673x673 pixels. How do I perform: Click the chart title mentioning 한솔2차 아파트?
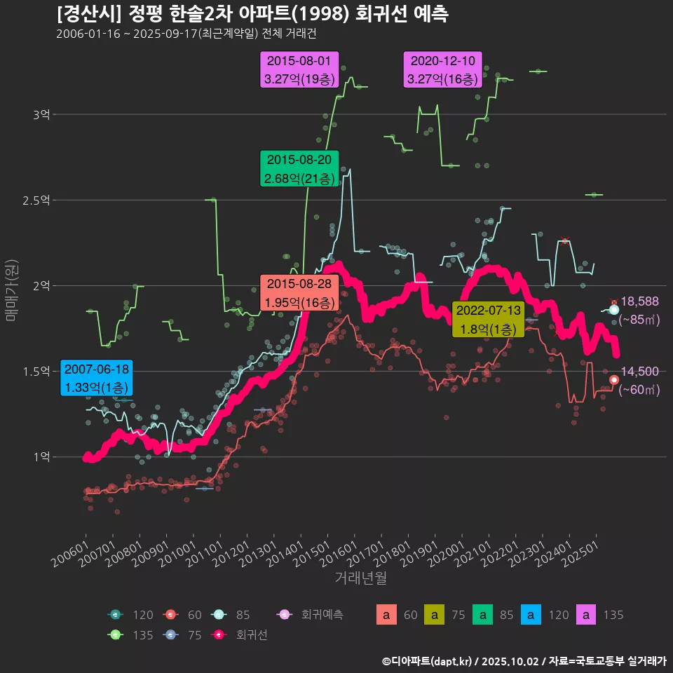tap(252, 13)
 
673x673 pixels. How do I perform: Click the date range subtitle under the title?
tap(191, 34)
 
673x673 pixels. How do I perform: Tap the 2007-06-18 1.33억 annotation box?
tap(96, 378)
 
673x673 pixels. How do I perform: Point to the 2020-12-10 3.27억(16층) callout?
tap(442, 69)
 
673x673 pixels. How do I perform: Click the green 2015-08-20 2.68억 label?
tap(299, 169)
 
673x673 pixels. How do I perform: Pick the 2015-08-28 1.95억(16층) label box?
tap(299, 293)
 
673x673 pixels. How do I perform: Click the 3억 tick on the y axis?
tap(41, 114)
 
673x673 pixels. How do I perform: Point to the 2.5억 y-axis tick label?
tap(36, 200)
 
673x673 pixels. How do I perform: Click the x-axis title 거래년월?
tap(360, 578)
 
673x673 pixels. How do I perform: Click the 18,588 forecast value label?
tap(639, 301)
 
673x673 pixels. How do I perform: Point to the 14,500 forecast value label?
tap(639, 372)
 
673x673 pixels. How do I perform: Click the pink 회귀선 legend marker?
tap(219, 635)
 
